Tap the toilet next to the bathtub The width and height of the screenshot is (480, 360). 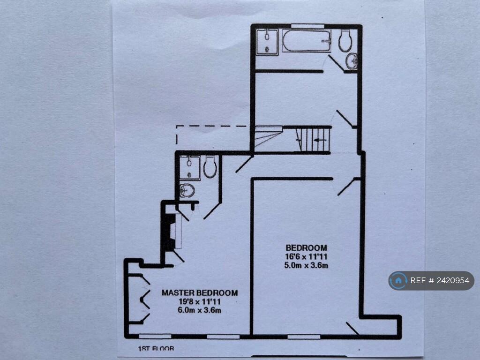coord(345,41)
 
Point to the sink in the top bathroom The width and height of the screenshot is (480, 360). coord(352,60)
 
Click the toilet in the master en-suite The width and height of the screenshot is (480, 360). coord(210,167)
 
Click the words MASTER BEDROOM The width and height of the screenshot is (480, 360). coord(200,293)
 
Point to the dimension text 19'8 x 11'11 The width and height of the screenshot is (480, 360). coord(200,301)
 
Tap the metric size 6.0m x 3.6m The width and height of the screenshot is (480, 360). coord(200,310)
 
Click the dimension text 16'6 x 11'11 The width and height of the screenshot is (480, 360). coord(306,256)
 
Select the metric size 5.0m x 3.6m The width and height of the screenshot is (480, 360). coord(306,265)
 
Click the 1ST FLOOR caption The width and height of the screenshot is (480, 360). coord(156,348)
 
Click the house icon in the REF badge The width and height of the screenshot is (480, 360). coord(398,281)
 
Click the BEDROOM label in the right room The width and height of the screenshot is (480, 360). coord(306,247)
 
